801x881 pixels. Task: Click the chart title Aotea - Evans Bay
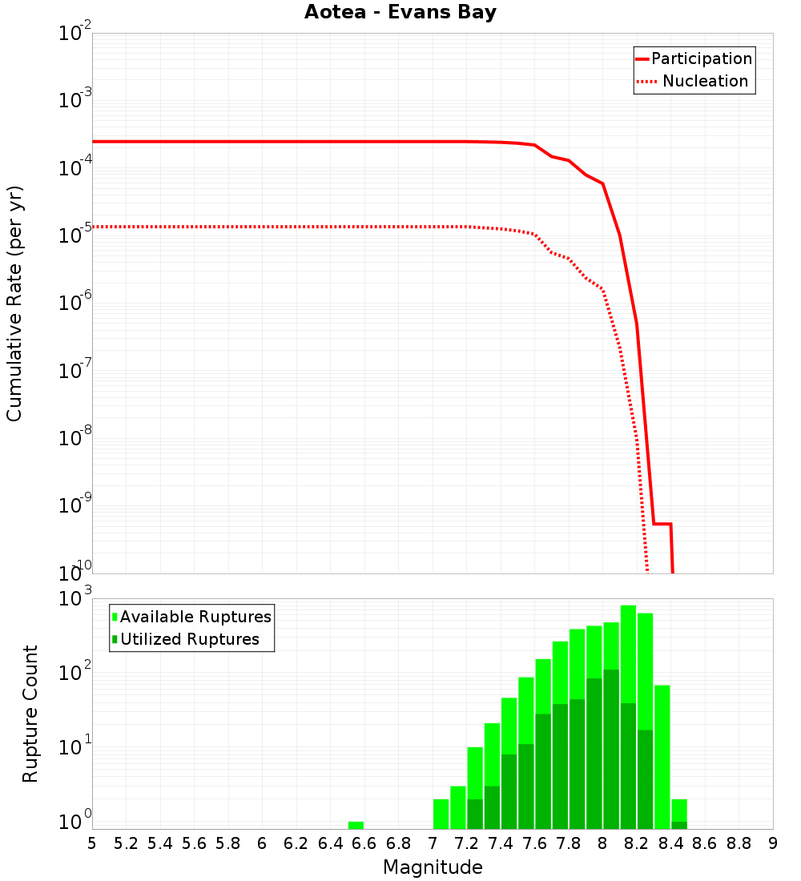[400, 12]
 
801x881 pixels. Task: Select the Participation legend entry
[701, 59]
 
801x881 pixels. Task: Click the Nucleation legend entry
[705, 82]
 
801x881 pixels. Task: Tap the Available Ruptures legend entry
[195, 617]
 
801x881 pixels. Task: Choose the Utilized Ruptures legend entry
[189, 639]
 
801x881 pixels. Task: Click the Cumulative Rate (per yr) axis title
[14, 303]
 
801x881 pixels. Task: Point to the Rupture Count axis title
[30, 714]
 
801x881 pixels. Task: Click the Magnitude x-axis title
[433, 867]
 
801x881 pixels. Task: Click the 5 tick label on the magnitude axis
[92, 843]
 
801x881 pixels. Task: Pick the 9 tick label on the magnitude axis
[773, 843]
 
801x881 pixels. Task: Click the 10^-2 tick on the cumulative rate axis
[75, 34]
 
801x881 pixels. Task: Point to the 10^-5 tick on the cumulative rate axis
[75, 236]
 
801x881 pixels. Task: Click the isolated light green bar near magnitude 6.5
[356, 825]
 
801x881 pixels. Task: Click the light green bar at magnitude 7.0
[441, 814]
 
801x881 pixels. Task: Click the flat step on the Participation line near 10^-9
[662, 524]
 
